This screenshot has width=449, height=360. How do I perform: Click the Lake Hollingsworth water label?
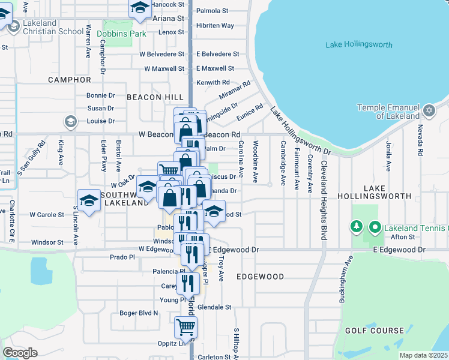tap(358, 45)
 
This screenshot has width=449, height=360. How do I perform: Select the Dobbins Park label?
tap(121, 34)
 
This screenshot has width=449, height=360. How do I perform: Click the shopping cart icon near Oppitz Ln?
tap(185, 328)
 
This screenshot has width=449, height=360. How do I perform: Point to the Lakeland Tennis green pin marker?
tap(375, 227)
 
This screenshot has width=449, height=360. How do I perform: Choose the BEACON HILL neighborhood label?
tap(152, 97)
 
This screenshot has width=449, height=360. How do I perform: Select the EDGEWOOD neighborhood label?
tap(260, 277)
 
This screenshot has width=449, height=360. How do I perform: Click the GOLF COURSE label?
tap(375, 331)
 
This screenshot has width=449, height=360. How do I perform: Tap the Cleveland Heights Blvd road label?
tap(324, 200)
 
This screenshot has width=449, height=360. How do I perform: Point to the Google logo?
tap(20, 353)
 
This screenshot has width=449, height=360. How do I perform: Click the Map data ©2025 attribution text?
tap(423, 355)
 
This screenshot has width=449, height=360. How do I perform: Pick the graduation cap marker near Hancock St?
tap(140, 8)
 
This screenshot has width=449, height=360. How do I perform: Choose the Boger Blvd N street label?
tap(139, 313)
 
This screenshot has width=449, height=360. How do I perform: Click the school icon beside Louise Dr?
tap(71, 122)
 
